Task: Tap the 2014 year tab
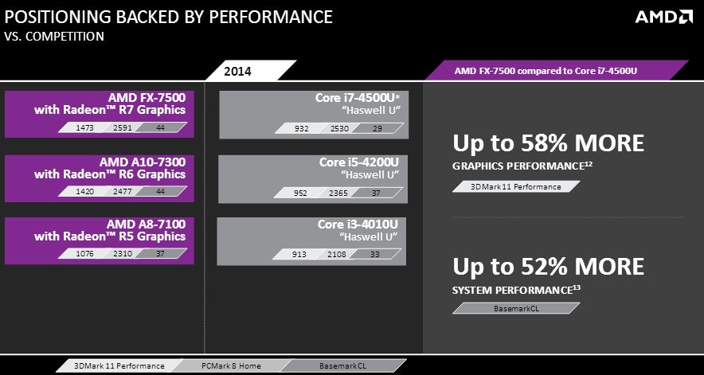coord(237,72)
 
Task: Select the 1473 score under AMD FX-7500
coord(74,127)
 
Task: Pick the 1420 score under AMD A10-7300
coord(74,191)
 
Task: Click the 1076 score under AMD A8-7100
coord(74,254)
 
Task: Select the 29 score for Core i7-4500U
coord(377,128)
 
